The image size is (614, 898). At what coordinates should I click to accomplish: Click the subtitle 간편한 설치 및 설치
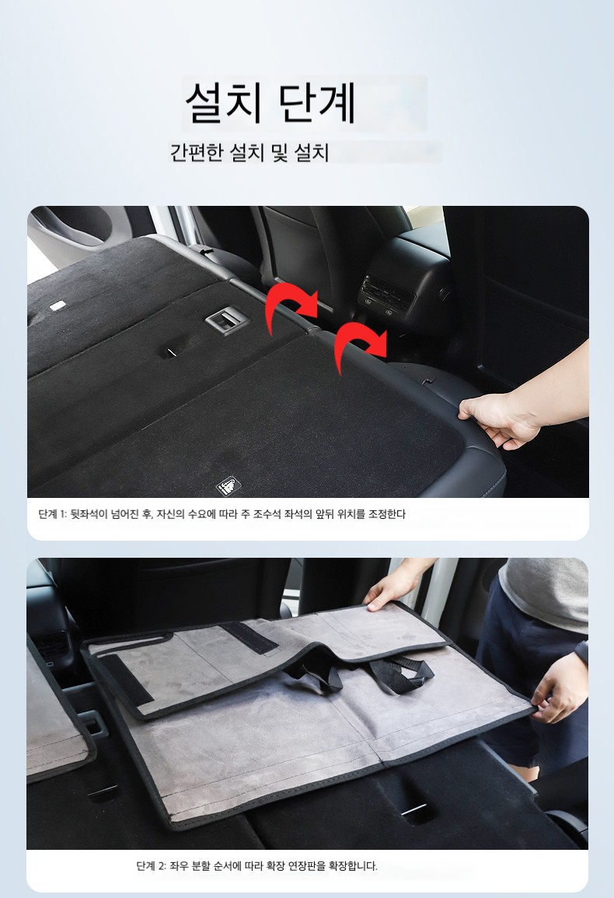click(249, 152)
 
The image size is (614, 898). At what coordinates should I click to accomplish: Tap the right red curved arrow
click(359, 343)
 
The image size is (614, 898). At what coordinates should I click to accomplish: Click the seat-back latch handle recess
click(227, 319)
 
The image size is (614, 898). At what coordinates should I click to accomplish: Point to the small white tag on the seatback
click(57, 306)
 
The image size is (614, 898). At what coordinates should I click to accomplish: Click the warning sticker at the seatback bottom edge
click(228, 486)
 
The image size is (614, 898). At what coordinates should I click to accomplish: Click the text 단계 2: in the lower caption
click(152, 865)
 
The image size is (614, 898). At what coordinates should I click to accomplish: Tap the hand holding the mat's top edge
click(392, 588)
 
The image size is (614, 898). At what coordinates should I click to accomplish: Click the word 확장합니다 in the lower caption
click(353, 865)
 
